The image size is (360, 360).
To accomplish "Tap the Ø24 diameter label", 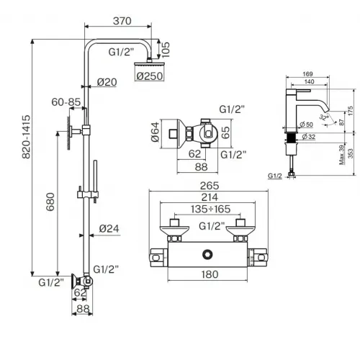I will (x=108, y=229).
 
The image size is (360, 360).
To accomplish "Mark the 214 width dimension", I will (x=199, y=197).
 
